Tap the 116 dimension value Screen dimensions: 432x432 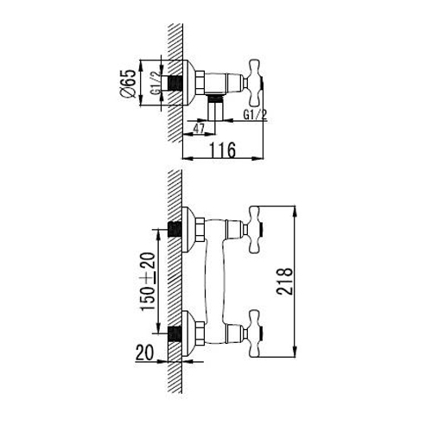click(222, 150)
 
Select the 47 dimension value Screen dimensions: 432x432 click(199, 129)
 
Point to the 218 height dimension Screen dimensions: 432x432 click(284, 282)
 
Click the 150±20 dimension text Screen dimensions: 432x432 click(147, 282)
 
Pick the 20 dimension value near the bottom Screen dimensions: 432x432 click(144, 353)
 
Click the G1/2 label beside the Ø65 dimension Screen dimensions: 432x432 click(156, 83)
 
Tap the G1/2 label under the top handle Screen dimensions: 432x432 click(255, 115)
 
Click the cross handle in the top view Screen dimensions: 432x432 click(253, 83)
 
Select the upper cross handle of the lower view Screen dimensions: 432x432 click(253, 230)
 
